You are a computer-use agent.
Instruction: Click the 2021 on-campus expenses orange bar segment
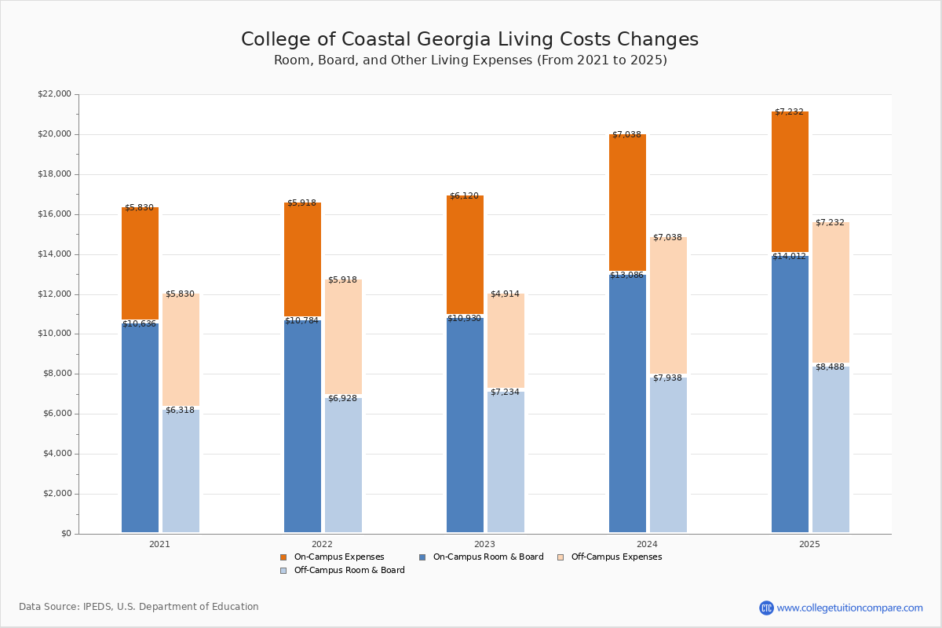coord(140,263)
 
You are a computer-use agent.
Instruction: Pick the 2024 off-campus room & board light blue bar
coord(668,455)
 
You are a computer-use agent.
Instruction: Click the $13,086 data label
coord(626,275)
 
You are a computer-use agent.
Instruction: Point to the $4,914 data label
coord(505,294)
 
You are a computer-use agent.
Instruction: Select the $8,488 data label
coord(830,367)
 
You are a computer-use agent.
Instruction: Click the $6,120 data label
coord(464,195)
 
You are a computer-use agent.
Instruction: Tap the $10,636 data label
coord(139,323)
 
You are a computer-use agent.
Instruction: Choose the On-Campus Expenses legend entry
coord(338,557)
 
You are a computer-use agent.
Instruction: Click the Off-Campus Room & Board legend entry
coord(349,571)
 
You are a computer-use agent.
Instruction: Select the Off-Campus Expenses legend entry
coord(615,557)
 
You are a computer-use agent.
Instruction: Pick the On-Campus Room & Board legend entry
coord(487,557)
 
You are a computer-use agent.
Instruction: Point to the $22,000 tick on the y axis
coord(54,94)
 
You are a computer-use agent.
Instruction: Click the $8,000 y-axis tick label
coord(57,374)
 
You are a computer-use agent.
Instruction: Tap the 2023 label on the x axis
coord(484,544)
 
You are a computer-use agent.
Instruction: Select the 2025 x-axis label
coord(809,544)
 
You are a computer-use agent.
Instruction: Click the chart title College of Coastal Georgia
coord(469,40)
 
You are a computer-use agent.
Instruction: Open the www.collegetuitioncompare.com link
coord(849,608)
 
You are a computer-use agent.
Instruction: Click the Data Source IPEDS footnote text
coord(139,607)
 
